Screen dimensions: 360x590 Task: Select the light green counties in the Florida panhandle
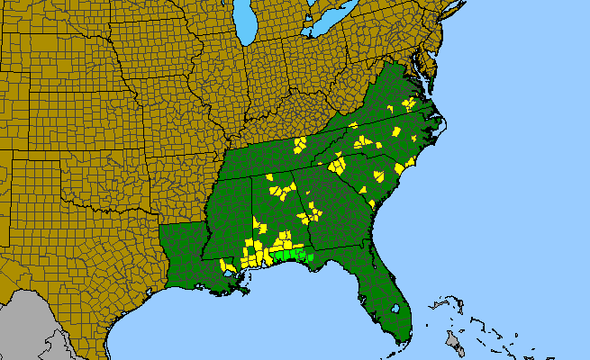point(294,256)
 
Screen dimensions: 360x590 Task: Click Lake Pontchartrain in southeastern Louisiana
point(237,268)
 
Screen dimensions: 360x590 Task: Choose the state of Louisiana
point(185,252)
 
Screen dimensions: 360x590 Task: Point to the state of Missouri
point(171,108)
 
